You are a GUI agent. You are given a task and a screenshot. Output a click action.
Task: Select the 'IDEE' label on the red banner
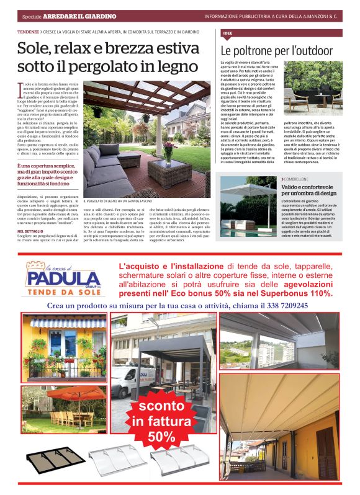pyautogui.click(x=227, y=32)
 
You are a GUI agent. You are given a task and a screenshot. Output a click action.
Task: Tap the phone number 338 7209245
pyautogui.click(x=279, y=306)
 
